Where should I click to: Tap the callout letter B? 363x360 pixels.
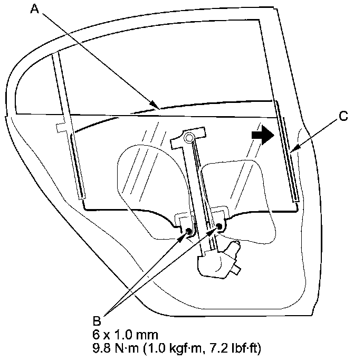97,320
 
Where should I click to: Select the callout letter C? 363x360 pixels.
344,117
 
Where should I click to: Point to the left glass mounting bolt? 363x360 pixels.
189,230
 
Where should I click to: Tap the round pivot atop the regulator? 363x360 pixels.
189,138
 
